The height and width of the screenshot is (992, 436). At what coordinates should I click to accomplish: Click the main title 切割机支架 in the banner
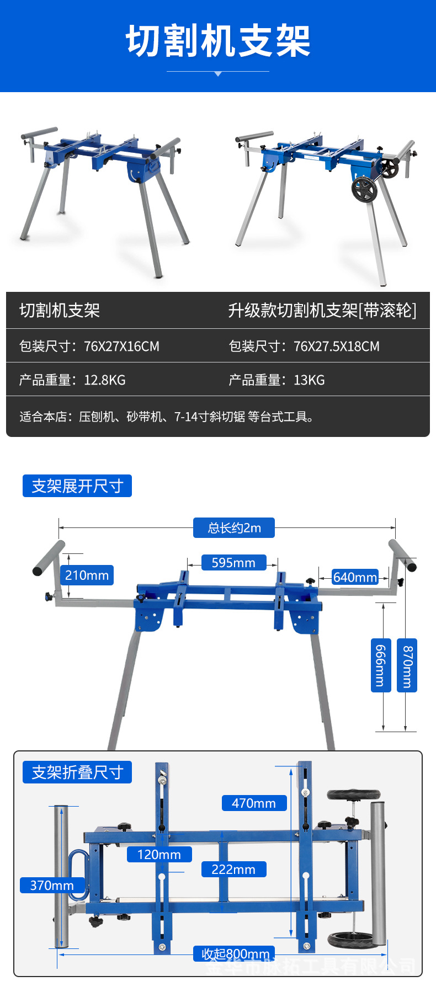click(218, 41)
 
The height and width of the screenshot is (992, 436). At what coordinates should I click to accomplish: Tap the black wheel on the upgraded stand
click(364, 189)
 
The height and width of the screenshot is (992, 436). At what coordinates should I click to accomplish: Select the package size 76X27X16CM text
click(121, 346)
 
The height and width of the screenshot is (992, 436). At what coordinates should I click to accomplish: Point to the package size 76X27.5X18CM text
click(336, 346)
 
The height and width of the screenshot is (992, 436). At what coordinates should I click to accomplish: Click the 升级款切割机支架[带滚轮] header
click(322, 311)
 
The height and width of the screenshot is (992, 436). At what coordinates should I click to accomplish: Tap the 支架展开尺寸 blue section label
click(77, 486)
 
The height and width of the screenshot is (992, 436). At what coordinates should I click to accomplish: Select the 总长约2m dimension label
click(234, 528)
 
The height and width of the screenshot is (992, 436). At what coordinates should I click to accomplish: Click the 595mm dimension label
click(233, 563)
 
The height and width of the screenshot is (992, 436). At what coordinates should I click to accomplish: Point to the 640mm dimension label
click(355, 577)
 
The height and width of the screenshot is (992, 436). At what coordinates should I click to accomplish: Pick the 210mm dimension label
click(87, 575)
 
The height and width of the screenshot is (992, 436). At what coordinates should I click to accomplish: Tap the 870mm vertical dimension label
click(407, 665)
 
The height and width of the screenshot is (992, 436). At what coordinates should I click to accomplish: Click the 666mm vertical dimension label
click(380, 665)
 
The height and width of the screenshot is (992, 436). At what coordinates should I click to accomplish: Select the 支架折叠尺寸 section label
click(77, 772)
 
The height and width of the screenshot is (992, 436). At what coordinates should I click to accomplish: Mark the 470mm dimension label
click(254, 803)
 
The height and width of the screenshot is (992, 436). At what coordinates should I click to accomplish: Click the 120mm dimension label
click(159, 855)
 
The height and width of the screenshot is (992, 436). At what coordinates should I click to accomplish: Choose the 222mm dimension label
click(233, 870)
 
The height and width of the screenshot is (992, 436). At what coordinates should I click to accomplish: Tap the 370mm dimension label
click(52, 886)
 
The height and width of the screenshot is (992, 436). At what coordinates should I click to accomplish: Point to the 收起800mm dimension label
click(235, 954)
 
